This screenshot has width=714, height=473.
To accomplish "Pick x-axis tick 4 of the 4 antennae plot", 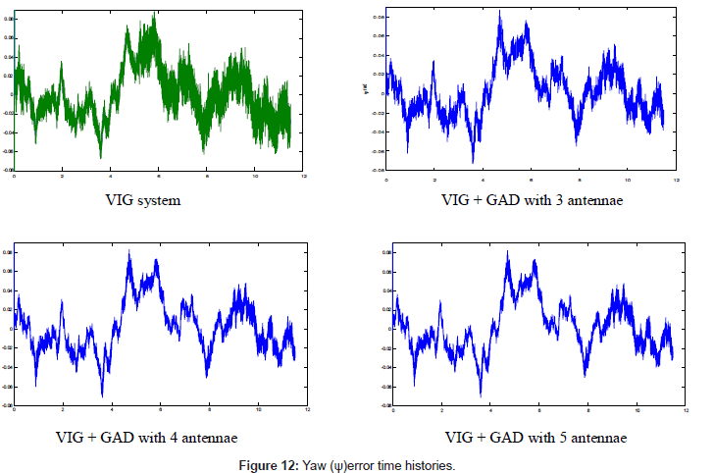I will pyautogui.click(x=112, y=408).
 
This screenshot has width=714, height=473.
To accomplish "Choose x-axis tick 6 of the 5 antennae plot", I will pyautogui.click(x=539, y=408).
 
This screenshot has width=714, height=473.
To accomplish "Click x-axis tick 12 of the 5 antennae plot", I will pyautogui.click(x=684, y=408).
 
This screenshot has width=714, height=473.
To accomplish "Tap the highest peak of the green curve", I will pyautogui.click(x=155, y=17).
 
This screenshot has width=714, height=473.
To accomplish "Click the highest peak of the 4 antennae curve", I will pyautogui.click(x=128, y=251).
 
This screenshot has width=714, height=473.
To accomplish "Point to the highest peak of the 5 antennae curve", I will pyautogui.click(x=507, y=251).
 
